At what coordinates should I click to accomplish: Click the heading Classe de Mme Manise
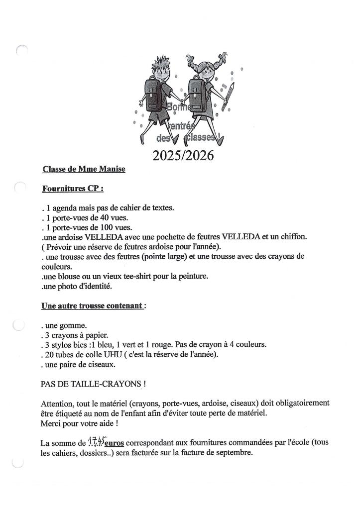pos(84,169)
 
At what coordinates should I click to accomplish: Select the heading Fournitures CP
pos(73,189)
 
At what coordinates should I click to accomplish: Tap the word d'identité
pos(103,286)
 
